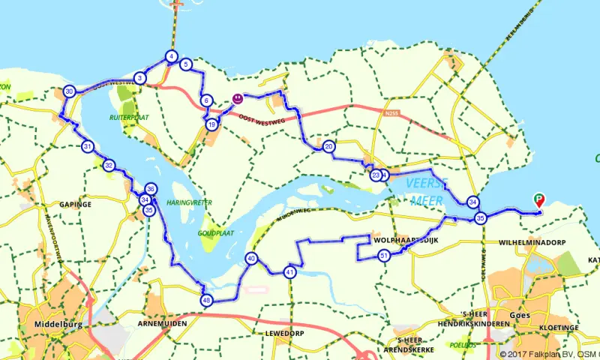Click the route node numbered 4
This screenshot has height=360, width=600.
(172, 56)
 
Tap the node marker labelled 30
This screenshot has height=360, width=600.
(69, 91)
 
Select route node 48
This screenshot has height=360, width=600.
(206, 301)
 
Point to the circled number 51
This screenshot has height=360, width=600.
(384, 256)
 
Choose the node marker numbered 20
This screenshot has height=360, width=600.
(328, 147)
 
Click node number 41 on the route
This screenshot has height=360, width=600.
(289, 272)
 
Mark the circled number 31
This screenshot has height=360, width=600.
(88, 147)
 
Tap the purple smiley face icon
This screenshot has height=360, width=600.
(237, 98)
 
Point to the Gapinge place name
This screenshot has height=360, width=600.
(76, 204)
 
